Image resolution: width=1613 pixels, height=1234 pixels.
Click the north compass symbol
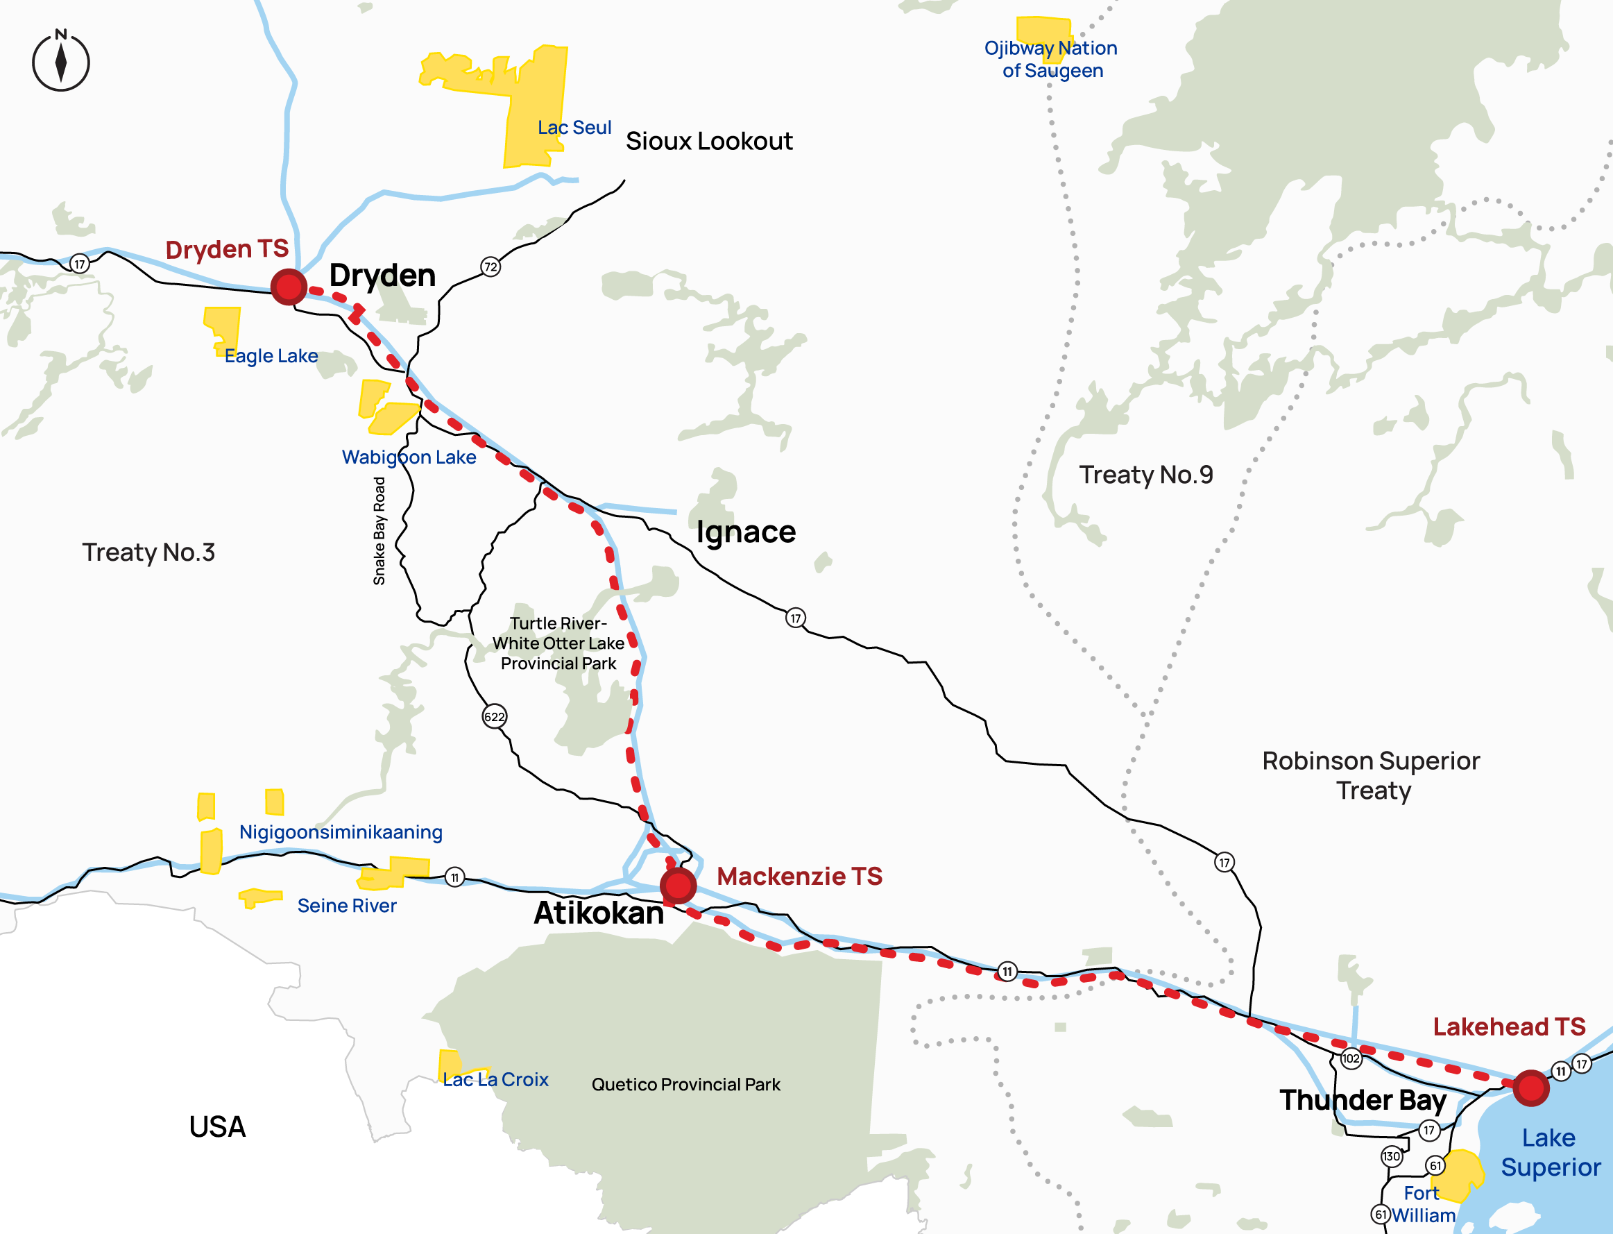pyautogui.click(x=61, y=62)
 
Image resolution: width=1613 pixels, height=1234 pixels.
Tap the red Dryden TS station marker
pyautogui.click(x=289, y=287)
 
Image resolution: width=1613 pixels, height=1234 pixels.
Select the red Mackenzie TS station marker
pyautogui.click(x=678, y=885)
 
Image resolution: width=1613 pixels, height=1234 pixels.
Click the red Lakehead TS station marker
pyautogui.click(x=1530, y=1088)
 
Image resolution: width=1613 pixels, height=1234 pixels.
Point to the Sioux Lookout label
pyautogui.click(x=708, y=141)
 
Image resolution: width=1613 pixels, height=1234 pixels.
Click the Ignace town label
pyautogui.click(x=745, y=532)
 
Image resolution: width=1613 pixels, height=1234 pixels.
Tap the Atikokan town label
pyautogui.click(x=598, y=913)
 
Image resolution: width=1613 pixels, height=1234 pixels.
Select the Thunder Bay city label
pyautogui.click(x=1363, y=1100)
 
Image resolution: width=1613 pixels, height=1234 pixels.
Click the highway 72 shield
pyautogui.click(x=490, y=267)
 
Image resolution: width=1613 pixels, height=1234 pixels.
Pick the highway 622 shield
pyautogui.click(x=494, y=717)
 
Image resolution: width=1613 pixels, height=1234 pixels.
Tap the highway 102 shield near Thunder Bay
pyautogui.click(x=1351, y=1058)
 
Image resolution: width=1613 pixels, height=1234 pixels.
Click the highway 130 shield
pyautogui.click(x=1391, y=1156)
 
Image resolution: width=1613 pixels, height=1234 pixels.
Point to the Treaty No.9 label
pyautogui.click(x=1145, y=475)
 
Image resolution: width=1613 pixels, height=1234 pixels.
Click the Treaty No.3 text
pyautogui.click(x=148, y=552)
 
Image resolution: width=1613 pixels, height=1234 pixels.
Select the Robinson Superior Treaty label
pyautogui.click(x=1371, y=776)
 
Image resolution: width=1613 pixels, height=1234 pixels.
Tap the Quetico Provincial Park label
pyautogui.click(x=685, y=1084)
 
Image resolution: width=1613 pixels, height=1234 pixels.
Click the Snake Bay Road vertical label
pyautogui.click(x=379, y=531)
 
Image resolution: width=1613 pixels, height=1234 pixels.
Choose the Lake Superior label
pyautogui.click(x=1550, y=1153)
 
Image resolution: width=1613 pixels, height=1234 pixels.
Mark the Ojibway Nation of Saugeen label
pyautogui.click(x=1050, y=60)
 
